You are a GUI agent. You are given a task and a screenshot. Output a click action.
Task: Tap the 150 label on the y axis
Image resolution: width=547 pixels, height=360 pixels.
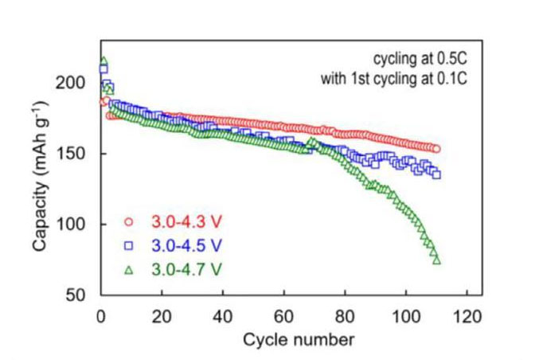point(76,155)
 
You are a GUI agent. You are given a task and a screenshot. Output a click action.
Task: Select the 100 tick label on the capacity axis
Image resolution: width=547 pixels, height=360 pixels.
point(76,225)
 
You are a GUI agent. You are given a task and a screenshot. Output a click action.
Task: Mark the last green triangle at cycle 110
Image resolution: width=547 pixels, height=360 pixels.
point(436,260)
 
